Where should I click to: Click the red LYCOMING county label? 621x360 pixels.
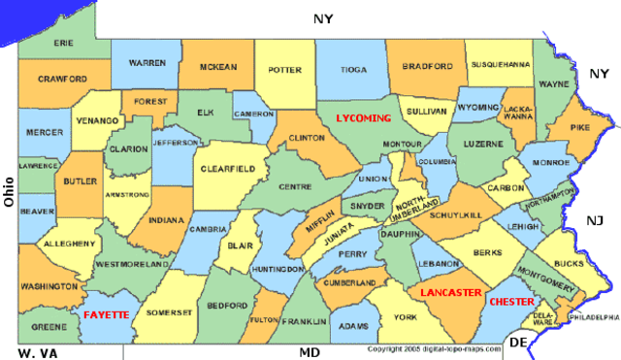point(363,117)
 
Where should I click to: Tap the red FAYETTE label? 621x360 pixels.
point(107,315)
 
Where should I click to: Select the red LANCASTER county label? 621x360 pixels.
point(450,292)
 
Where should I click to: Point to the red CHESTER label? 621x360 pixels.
point(511,302)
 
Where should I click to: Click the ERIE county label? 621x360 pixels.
point(64,44)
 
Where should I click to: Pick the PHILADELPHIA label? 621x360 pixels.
point(594,317)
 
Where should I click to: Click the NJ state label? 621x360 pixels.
point(595,222)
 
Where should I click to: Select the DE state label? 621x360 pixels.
point(519,343)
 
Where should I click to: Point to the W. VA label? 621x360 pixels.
point(38,352)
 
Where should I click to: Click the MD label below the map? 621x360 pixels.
point(310,352)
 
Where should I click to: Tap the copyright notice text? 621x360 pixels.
point(434,348)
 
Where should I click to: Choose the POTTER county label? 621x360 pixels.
point(285,70)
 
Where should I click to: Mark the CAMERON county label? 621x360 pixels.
point(254,114)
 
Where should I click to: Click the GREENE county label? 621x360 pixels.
point(49,327)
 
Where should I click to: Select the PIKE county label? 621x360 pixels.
point(580,127)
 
